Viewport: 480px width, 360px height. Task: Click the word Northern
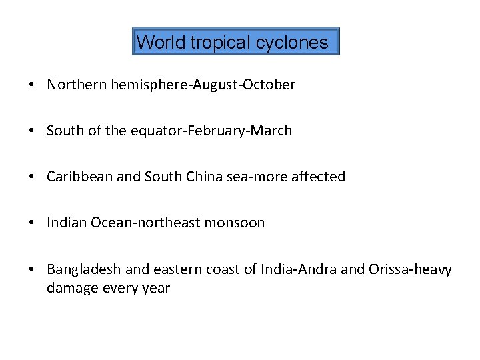point(76,85)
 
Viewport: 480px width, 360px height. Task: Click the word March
point(273,131)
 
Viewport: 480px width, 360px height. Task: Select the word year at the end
point(156,289)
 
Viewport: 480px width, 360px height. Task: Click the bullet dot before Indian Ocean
point(32,223)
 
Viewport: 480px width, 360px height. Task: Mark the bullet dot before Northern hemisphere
point(32,85)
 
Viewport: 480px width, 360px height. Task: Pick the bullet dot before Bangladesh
point(32,269)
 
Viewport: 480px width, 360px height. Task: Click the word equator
point(150,131)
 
